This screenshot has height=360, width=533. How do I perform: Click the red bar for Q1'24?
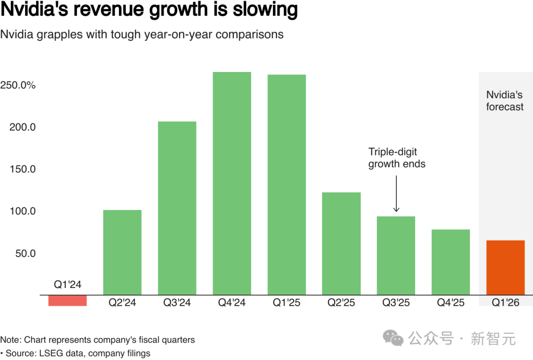(68, 300)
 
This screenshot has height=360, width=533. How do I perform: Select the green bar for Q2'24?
(122, 252)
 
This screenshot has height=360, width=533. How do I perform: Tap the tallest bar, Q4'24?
(232, 183)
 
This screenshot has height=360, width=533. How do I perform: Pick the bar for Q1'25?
(287, 185)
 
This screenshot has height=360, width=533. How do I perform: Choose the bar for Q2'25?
(342, 244)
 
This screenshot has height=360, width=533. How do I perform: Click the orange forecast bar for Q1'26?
(505, 268)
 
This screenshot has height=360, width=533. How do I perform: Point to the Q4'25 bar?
(451, 262)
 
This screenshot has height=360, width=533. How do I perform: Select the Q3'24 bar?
(177, 208)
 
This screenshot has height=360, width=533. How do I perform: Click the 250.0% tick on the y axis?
(18, 85)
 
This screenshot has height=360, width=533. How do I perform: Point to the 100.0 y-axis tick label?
(23, 211)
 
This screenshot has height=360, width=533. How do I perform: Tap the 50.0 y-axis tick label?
(25, 253)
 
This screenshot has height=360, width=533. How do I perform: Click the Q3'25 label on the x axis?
(396, 303)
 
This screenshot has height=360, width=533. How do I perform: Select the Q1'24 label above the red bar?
(68, 285)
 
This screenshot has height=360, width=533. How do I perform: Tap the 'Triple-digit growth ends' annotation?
(397, 158)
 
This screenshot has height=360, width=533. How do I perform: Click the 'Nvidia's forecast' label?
(504, 101)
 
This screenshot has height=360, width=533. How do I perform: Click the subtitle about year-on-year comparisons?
(142, 35)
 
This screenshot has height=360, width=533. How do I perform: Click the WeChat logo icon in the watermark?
(394, 338)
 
